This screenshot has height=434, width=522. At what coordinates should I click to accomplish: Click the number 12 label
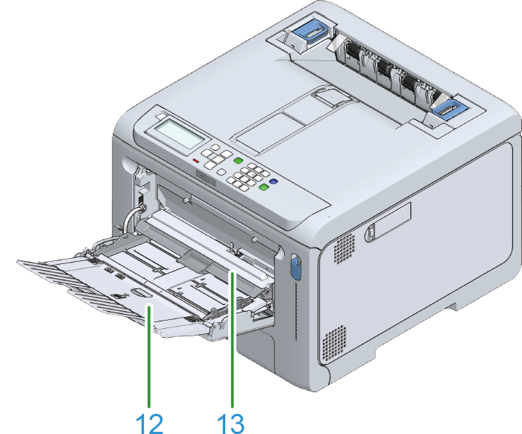pyautogui.click(x=149, y=424)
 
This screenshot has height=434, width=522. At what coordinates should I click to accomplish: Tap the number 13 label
pyautogui.click(x=230, y=424)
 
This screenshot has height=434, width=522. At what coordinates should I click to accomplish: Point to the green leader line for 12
pyautogui.click(x=149, y=356)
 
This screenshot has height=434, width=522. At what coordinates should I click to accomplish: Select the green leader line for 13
pyautogui.click(x=233, y=339)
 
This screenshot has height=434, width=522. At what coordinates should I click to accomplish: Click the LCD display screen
pyautogui.click(x=180, y=133)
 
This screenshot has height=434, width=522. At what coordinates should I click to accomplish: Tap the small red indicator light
pyautogui.click(x=195, y=161)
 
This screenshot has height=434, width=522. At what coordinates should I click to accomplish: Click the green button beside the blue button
pyautogui.click(x=264, y=187)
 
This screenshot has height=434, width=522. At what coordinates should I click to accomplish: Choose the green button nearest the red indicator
pyautogui.click(x=238, y=161)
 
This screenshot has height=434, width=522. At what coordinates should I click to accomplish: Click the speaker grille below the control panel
pyautogui.click(x=206, y=177)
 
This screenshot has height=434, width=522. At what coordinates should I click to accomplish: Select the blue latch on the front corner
pyautogui.click(x=295, y=266)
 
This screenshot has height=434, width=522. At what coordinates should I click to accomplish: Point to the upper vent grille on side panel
pyautogui.click(x=344, y=248)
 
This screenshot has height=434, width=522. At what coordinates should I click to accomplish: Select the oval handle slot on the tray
pyautogui.click(x=140, y=292)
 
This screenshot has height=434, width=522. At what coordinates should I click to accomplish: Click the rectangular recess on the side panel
pyautogui.click(x=392, y=221)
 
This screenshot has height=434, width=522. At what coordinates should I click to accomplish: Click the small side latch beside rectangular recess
pyautogui.click(x=369, y=233)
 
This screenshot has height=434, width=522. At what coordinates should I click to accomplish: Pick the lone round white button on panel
pyautogui.click(x=221, y=172)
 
